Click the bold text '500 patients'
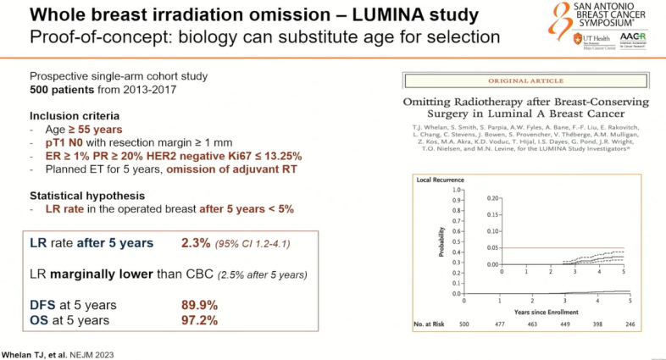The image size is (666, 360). coord(58,89)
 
